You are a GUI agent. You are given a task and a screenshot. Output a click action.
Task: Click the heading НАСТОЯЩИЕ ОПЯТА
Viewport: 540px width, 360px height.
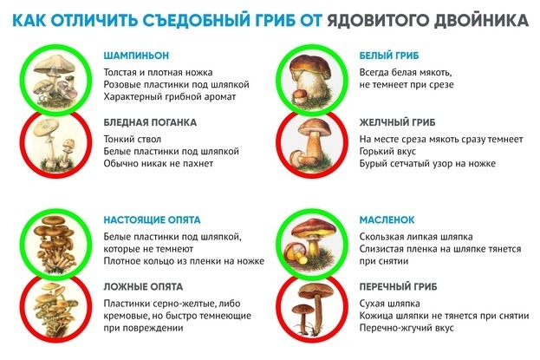(150, 220)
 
